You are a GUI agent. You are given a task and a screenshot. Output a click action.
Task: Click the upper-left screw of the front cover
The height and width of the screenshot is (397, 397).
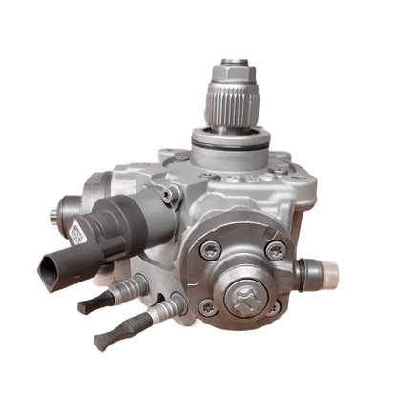click(211, 250)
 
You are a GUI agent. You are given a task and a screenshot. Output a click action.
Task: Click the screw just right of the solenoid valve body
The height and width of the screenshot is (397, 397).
click(170, 196)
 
